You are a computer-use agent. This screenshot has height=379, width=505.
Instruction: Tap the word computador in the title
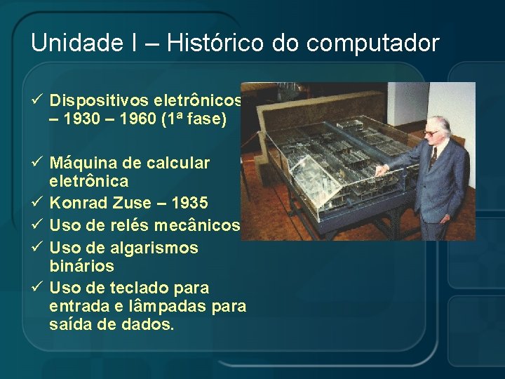373,44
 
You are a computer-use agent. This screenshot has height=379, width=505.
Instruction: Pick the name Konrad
78,204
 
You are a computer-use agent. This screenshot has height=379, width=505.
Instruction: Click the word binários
82,267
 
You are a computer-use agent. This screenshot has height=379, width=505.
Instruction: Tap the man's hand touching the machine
380,170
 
